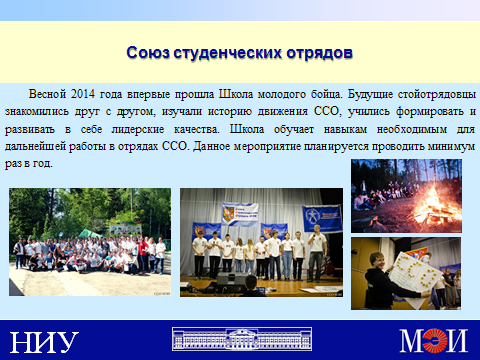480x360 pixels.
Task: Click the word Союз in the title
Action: pyautogui.click(x=148, y=53)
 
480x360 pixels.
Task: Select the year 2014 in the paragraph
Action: pyautogui.click(x=83, y=94)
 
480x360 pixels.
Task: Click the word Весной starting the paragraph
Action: pyautogui.click(x=47, y=94)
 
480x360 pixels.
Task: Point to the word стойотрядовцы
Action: pyautogui.click(x=437, y=95)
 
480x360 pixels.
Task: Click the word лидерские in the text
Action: pyautogui.click(x=138, y=129)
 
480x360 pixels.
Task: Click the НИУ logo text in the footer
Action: pyautogui.click(x=44, y=342)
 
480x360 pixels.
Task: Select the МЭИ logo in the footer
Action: pyautogui.click(x=434, y=340)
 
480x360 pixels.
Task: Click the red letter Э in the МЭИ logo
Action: pyautogui.click(x=434, y=340)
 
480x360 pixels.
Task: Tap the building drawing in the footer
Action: pyautogui.click(x=242, y=339)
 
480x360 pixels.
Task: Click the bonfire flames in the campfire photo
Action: pyautogui.click(x=434, y=205)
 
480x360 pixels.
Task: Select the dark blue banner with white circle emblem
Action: pyautogui.click(x=322, y=218)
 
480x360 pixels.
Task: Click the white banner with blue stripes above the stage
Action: pyautogui.click(x=240, y=214)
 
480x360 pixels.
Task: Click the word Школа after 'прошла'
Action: pyautogui.click(x=236, y=94)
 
